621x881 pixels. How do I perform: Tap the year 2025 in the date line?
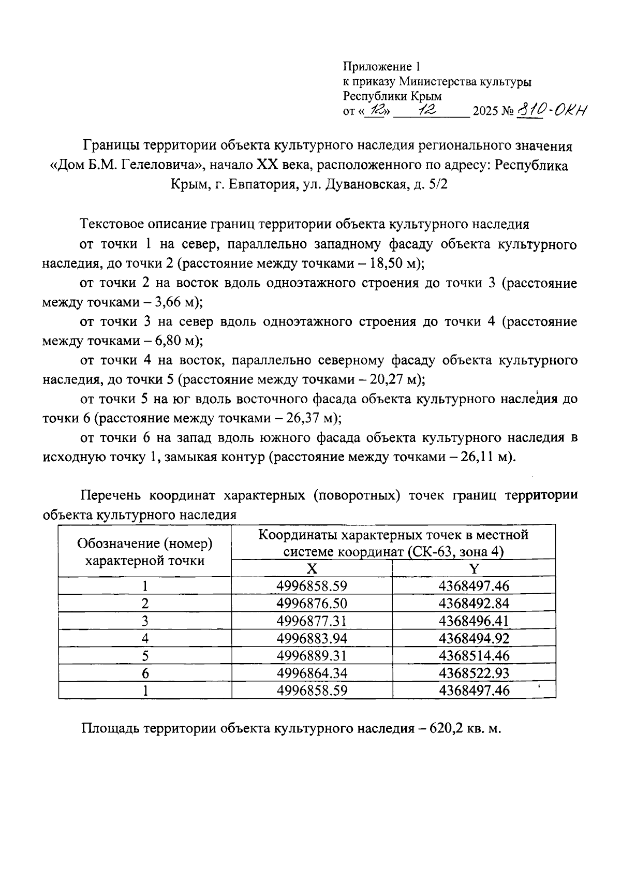tap(483, 111)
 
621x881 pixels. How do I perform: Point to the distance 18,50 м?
tap(394, 263)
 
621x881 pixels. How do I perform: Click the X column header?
tap(312, 569)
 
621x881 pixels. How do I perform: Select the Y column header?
tap(474, 569)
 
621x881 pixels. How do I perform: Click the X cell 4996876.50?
tap(312, 604)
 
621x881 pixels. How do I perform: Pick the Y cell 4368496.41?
tap(474, 621)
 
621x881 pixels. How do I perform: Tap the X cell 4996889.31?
tap(312, 656)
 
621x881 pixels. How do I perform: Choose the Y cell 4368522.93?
tap(474, 673)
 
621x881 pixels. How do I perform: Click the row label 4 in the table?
tap(145, 639)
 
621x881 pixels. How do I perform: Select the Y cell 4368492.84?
tap(474, 604)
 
